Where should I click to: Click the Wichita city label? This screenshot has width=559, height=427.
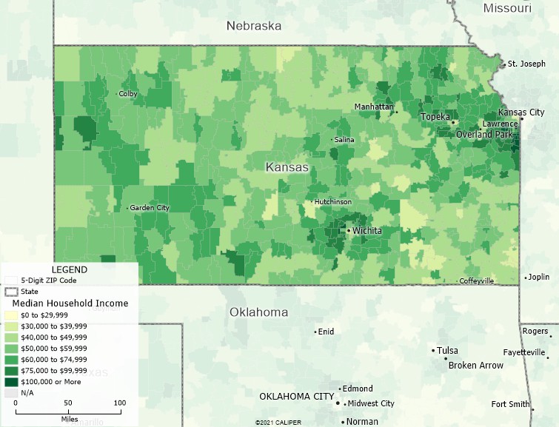[x=367, y=231]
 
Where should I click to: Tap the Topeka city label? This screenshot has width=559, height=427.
[x=435, y=117]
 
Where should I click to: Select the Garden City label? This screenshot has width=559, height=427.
[x=150, y=208]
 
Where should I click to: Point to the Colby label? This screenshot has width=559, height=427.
[x=128, y=94]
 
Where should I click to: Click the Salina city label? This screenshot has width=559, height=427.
[x=344, y=140]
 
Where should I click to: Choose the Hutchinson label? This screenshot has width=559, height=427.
[x=333, y=202]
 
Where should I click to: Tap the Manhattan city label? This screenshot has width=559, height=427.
[x=373, y=107]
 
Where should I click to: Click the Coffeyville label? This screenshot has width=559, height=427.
[x=476, y=281]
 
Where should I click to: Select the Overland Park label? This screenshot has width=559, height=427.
[x=483, y=135]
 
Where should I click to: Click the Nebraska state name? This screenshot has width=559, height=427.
[x=254, y=26]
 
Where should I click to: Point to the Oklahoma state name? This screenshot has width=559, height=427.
[x=258, y=312]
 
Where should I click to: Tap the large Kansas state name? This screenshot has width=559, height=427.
[x=287, y=168]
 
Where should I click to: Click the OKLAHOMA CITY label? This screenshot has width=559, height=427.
[x=296, y=397]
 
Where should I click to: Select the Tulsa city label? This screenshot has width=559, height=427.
[x=447, y=351]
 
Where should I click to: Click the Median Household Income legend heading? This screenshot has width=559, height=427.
[x=70, y=303]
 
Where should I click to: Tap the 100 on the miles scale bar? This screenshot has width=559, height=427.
[x=119, y=403]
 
